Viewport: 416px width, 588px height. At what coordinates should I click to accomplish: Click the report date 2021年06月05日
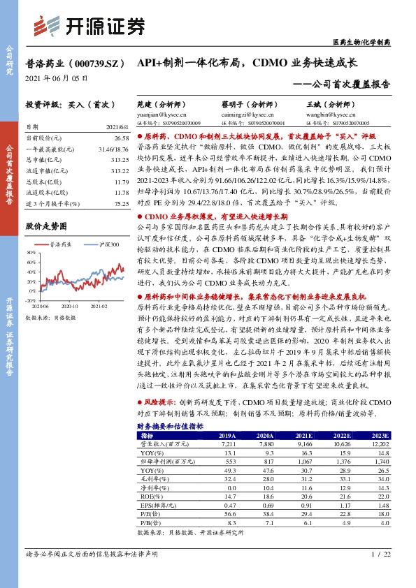tap(57, 78)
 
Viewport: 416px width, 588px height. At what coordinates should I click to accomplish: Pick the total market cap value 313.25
tap(101, 159)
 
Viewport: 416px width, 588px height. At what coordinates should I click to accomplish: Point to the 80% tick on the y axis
tap(31, 251)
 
